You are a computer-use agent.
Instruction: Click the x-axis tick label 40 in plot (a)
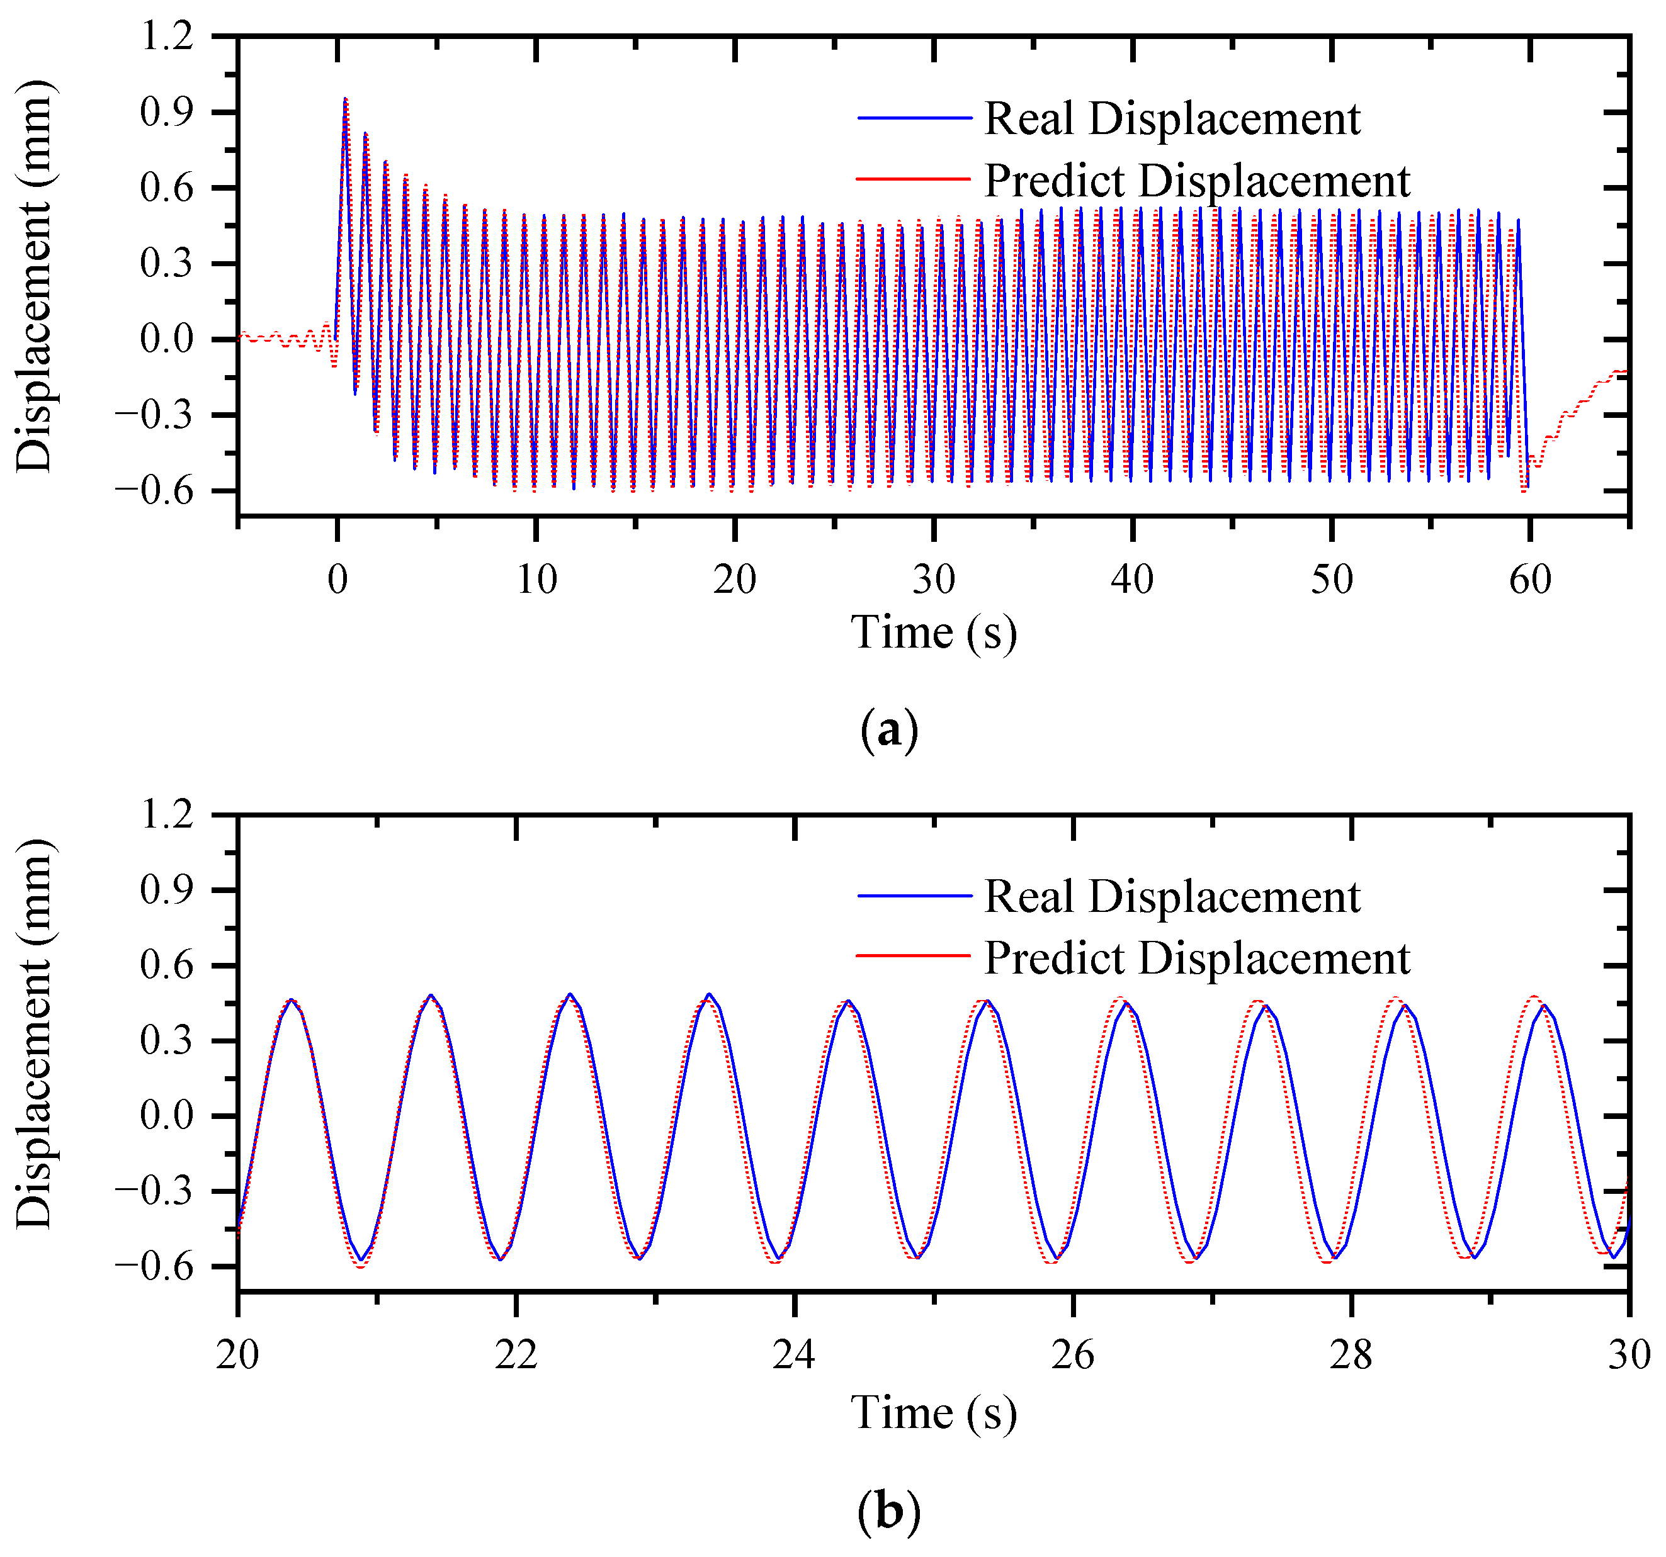click(x=1131, y=580)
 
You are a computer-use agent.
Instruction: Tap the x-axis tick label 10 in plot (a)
click(x=536, y=580)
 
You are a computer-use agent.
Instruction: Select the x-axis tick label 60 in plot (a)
click(x=1530, y=580)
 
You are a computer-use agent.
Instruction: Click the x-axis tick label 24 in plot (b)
click(x=793, y=1355)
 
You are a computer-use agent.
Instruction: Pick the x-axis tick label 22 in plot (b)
click(x=516, y=1355)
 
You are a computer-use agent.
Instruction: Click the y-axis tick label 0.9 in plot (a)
click(x=167, y=112)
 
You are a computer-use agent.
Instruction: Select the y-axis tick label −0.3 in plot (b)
click(x=154, y=1191)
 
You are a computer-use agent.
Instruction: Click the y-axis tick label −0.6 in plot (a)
click(x=154, y=491)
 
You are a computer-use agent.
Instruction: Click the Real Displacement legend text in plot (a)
click(x=1172, y=118)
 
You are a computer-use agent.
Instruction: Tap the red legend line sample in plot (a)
click(x=914, y=179)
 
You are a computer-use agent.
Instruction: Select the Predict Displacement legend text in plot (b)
click(x=1197, y=957)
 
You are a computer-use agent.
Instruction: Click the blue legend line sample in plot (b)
click(x=914, y=896)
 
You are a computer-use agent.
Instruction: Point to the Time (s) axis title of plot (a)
click(x=934, y=632)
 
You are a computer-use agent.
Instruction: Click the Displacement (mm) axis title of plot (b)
click(x=35, y=1033)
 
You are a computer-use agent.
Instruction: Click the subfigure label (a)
click(x=888, y=730)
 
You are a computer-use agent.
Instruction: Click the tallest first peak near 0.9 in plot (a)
click(x=345, y=99)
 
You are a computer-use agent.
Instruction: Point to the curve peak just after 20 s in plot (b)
click(x=292, y=999)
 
